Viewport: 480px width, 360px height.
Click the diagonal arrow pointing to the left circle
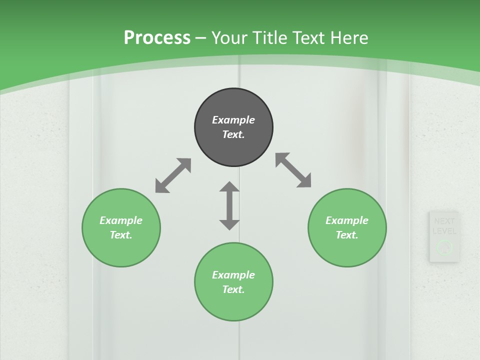pos(173,175)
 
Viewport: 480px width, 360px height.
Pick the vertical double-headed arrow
pos(229,205)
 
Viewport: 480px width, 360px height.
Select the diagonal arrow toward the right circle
pos(293,170)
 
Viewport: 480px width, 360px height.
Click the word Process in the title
pos(157,37)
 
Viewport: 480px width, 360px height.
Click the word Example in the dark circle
pos(233,120)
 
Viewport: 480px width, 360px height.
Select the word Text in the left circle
pos(121,235)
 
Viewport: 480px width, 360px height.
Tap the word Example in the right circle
pos(347,220)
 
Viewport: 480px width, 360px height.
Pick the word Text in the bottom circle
pos(233,289)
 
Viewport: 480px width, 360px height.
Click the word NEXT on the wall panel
pos(444,221)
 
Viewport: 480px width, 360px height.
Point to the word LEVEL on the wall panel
pos(444,231)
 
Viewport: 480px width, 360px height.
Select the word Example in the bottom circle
pos(233,275)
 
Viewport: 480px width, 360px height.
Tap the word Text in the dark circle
pos(233,134)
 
